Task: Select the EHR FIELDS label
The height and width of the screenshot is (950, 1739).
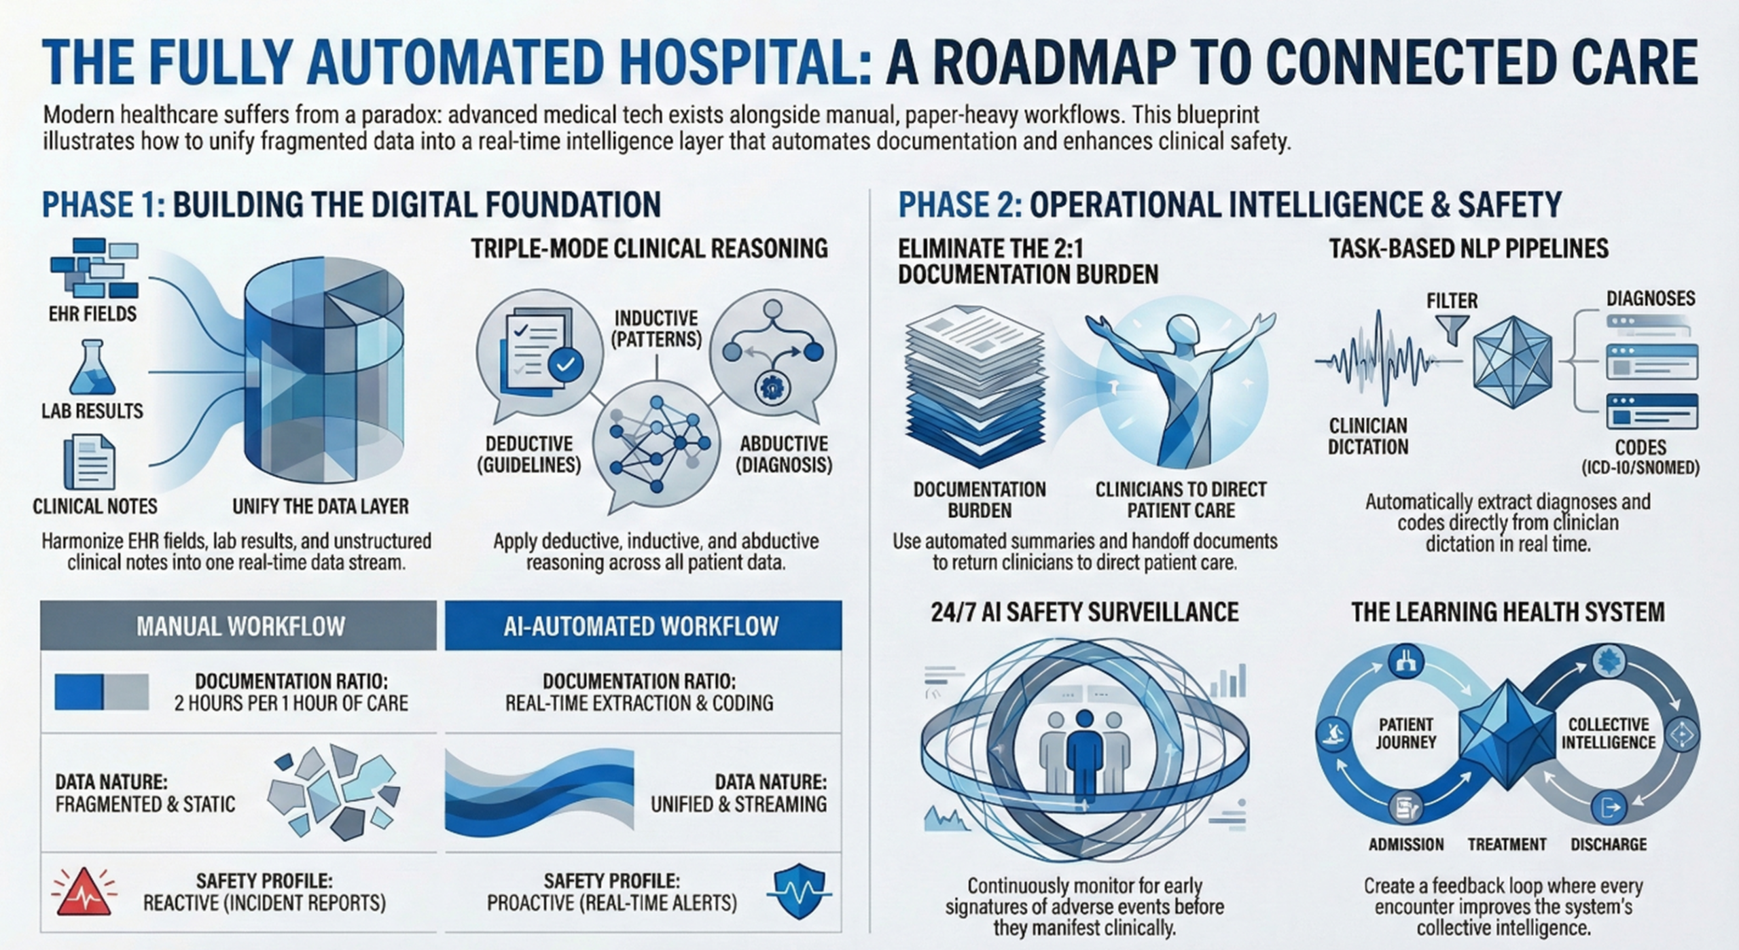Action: (92, 314)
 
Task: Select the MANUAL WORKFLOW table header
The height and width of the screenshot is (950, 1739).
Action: (240, 626)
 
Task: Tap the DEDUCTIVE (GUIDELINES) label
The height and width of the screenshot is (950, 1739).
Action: (529, 455)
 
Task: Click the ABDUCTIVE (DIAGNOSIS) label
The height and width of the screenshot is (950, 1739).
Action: (784, 455)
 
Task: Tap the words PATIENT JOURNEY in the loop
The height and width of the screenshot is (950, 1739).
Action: (1405, 733)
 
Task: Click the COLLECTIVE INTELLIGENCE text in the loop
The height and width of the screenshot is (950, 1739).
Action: (1608, 733)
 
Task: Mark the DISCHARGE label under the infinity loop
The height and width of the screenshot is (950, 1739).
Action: (1609, 844)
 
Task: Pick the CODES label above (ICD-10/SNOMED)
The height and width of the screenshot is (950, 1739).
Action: (1641, 447)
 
